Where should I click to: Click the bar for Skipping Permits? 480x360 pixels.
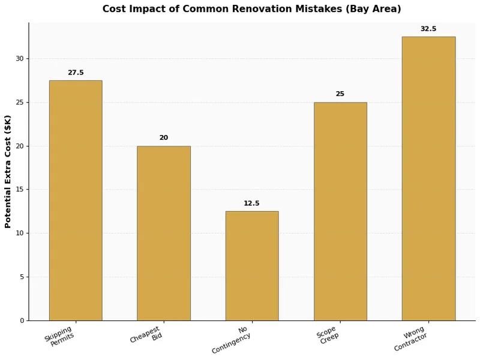[x=76, y=200]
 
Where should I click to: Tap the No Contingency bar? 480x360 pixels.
[x=252, y=266]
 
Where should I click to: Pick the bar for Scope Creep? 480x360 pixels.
[x=340, y=211]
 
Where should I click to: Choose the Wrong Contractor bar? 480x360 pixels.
[x=428, y=178]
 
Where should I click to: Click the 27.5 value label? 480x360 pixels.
[x=76, y=73]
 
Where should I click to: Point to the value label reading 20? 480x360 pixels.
[x=164, y=138]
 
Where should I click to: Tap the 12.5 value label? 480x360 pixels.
[x=252, y=203]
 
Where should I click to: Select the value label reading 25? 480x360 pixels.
[x=340, y=94]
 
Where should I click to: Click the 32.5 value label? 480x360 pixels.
[x=428, y=29]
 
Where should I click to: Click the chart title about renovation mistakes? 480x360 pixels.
[x=251, y=9]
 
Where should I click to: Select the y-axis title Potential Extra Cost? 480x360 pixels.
[x=8, y=172]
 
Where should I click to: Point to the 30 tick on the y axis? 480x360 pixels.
[x=20, y=59]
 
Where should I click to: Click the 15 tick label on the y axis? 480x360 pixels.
[x=20, y=190]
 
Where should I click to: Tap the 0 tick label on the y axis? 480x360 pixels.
[x=22, y=320]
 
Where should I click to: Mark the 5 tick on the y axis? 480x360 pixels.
[x=22, y=277]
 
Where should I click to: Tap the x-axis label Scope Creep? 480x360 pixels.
[x=327, y=335]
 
